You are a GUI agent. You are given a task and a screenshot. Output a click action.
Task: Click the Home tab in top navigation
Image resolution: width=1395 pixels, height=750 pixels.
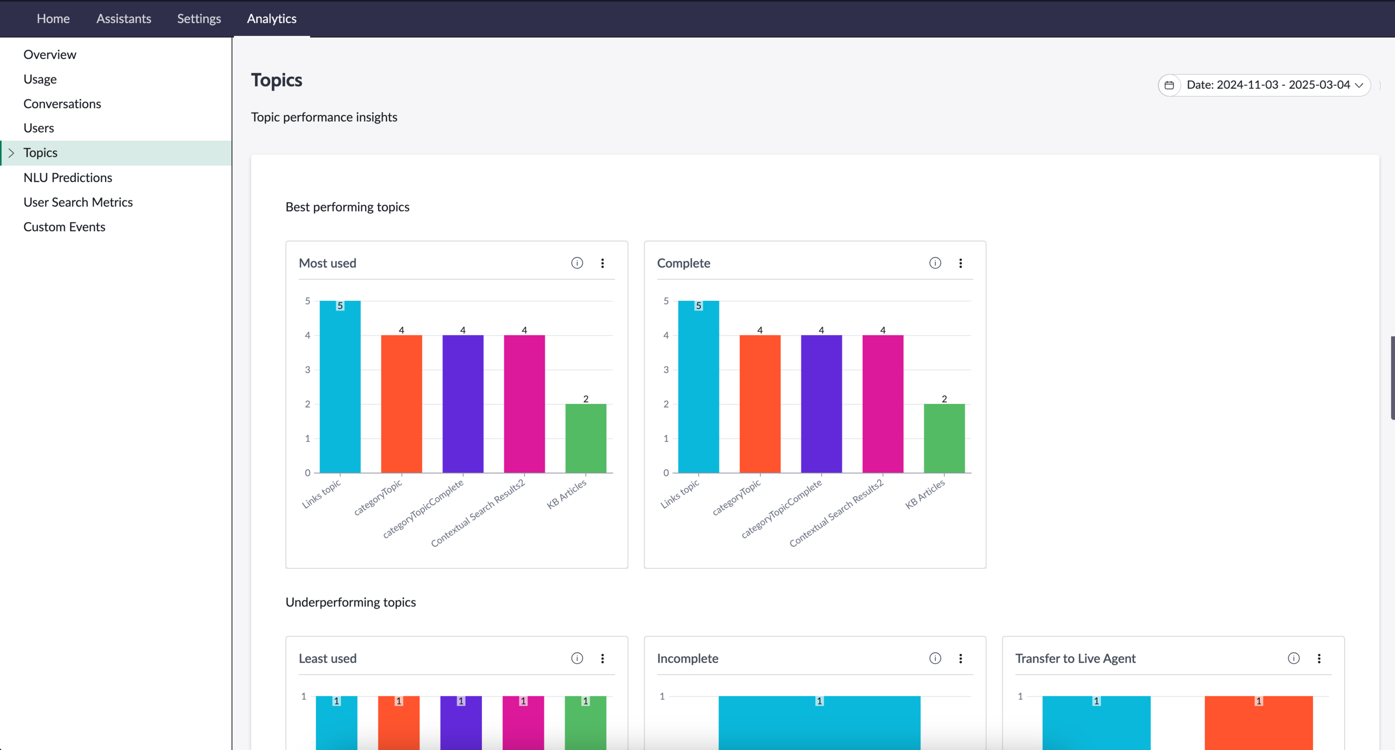(53, 19)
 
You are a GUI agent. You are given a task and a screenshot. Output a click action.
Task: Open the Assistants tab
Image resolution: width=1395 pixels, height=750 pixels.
(124, 19)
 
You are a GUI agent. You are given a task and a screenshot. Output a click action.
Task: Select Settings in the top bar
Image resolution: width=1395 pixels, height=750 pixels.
(199, 19)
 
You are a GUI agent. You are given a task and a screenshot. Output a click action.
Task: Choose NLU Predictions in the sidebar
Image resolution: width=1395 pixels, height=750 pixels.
(68, 177)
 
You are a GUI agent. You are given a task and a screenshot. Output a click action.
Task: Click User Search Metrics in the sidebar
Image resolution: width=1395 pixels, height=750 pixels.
(78, 202)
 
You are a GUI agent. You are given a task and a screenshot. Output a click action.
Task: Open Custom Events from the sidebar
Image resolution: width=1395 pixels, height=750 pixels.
(64, 227)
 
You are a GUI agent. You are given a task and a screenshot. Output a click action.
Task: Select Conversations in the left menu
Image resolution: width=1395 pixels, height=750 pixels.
(62, 104)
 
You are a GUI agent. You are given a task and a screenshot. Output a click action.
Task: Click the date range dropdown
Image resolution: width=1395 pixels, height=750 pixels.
(1264, 85)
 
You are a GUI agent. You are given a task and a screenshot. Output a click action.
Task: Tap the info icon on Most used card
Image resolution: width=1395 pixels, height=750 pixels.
(577, 263)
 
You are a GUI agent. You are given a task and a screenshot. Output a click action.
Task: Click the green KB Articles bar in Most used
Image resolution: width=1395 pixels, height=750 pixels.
(586, 438)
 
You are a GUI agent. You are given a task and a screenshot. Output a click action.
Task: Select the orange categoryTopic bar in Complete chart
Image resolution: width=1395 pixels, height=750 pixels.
(760, 404)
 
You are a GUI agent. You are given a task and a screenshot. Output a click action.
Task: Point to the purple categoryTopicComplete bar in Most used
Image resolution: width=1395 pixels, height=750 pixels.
(463, 404)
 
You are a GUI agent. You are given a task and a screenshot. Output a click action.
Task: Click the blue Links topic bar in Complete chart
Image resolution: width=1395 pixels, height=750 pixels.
(699, 387)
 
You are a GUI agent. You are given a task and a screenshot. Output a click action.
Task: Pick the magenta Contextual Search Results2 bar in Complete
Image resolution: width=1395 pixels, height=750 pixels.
(883, 404)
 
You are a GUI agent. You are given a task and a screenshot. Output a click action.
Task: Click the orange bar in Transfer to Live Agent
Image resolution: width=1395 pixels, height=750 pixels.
(1259, 723)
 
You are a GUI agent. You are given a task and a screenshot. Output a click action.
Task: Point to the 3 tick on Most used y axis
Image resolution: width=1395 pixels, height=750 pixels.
(308, 370)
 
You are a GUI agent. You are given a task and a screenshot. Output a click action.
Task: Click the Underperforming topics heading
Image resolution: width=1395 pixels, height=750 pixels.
(351, 602)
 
